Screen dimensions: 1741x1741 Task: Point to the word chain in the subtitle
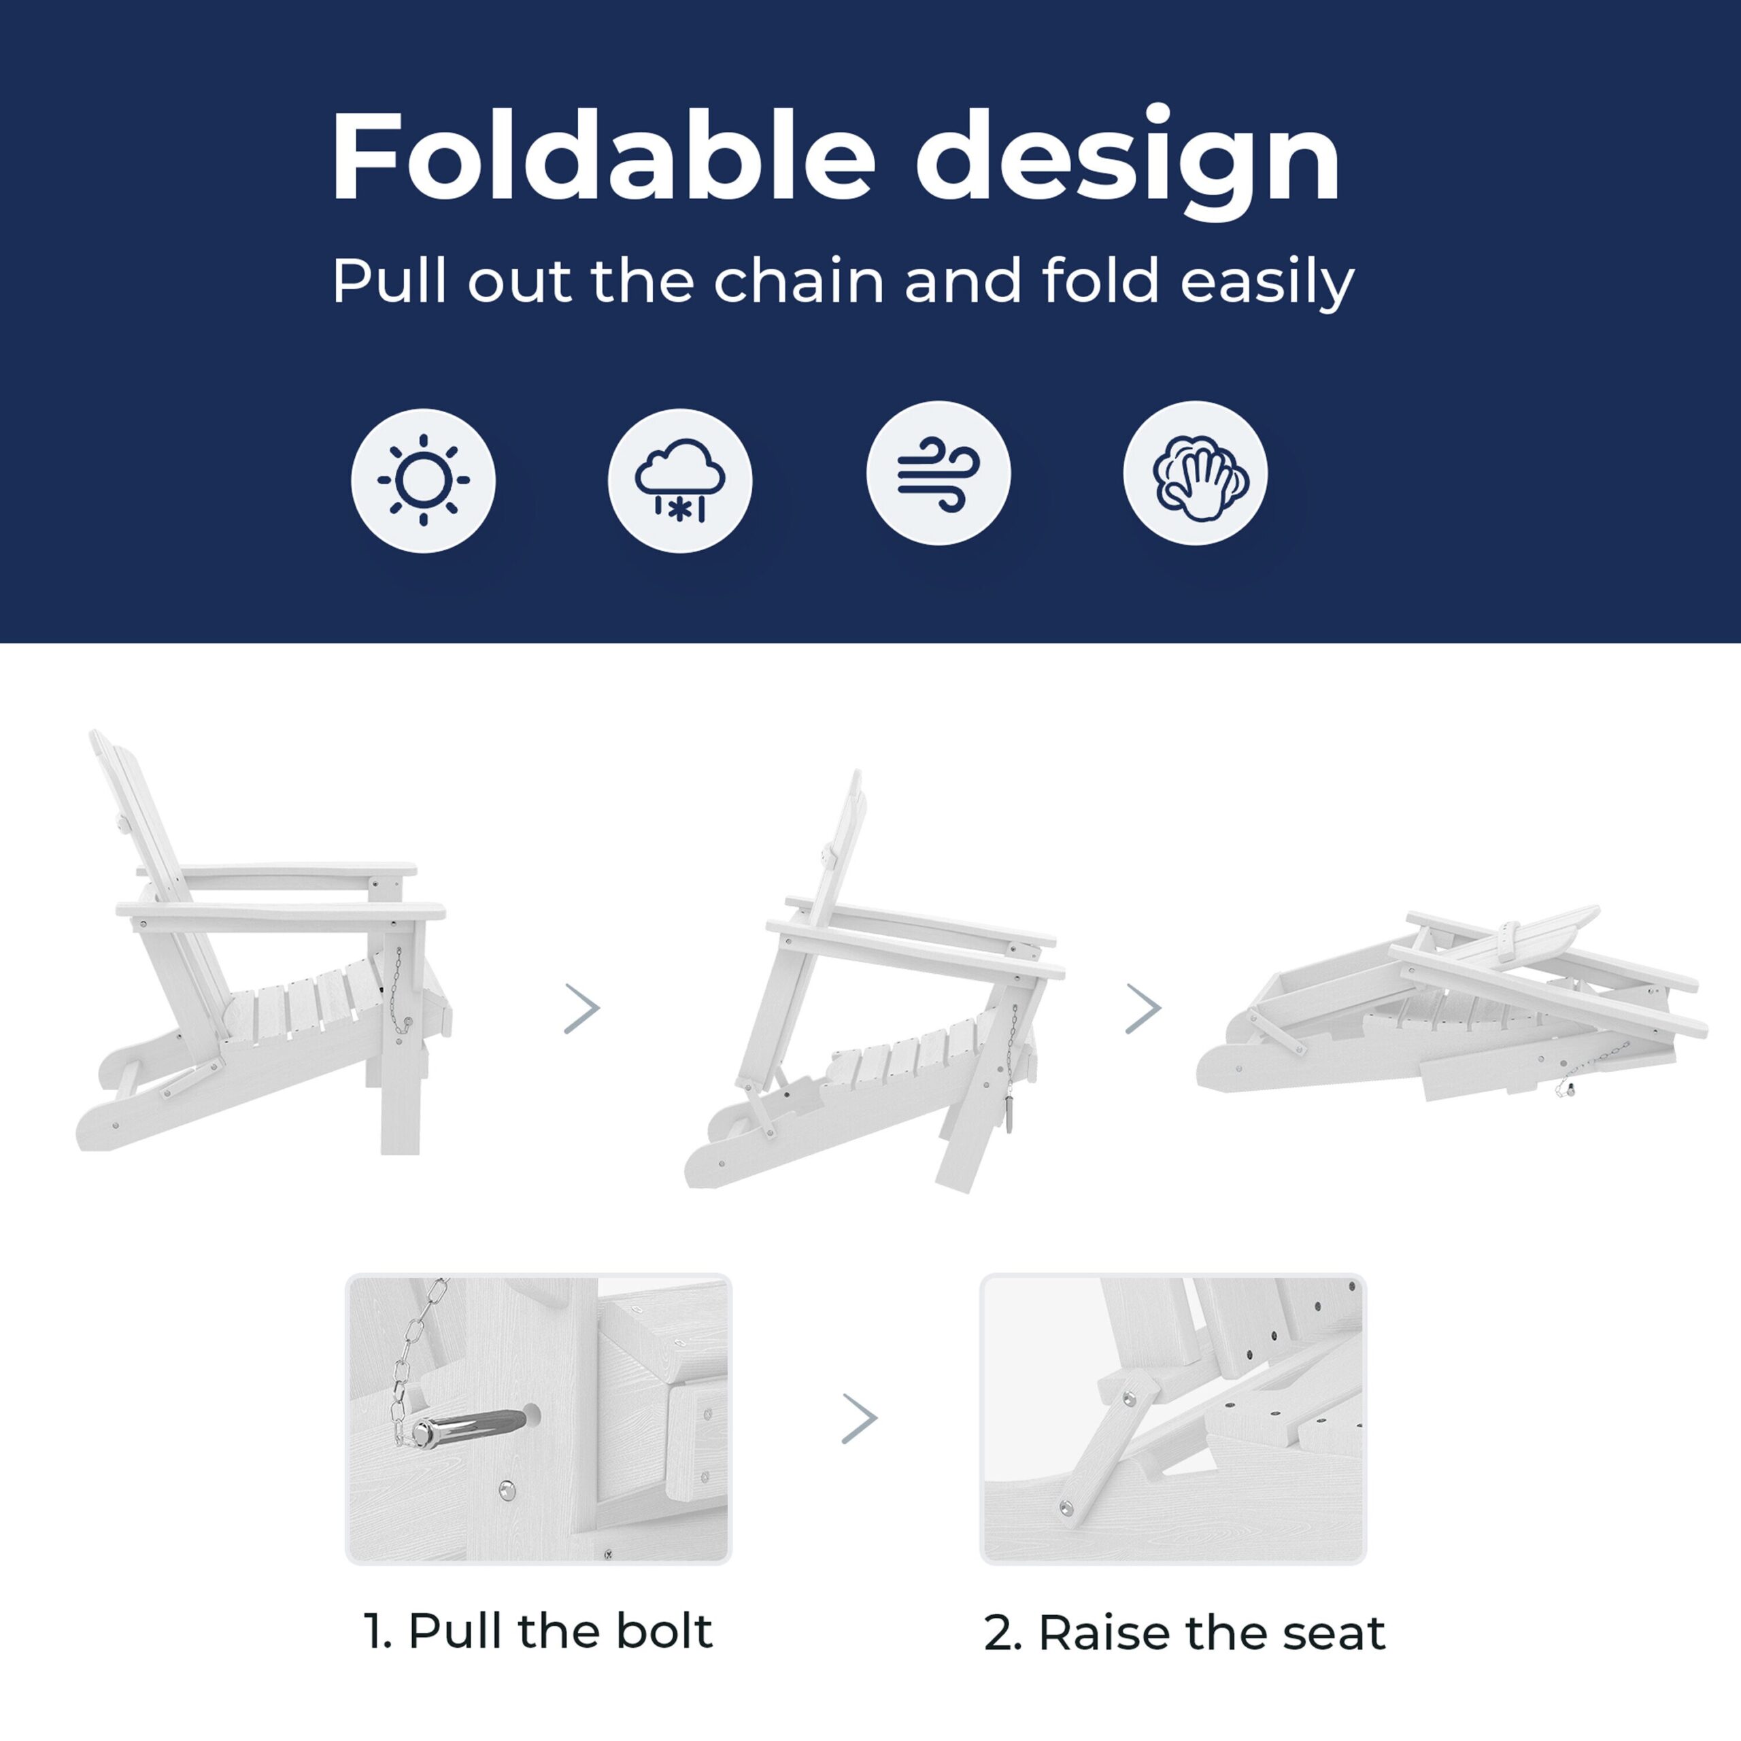(x=798, y=280)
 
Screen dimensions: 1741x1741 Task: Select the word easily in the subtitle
(x=1267, y=283)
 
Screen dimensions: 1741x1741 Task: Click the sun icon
(x=424, y=479)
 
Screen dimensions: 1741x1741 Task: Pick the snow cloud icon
(x=680, y=479)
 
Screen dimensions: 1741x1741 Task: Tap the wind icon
(x=938, y=473)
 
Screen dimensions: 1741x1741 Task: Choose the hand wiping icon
(x=1195, y=473)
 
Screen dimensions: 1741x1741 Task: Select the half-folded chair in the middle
(x=874, y=982)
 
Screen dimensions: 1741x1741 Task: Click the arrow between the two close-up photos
(x=859, y=1419)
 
